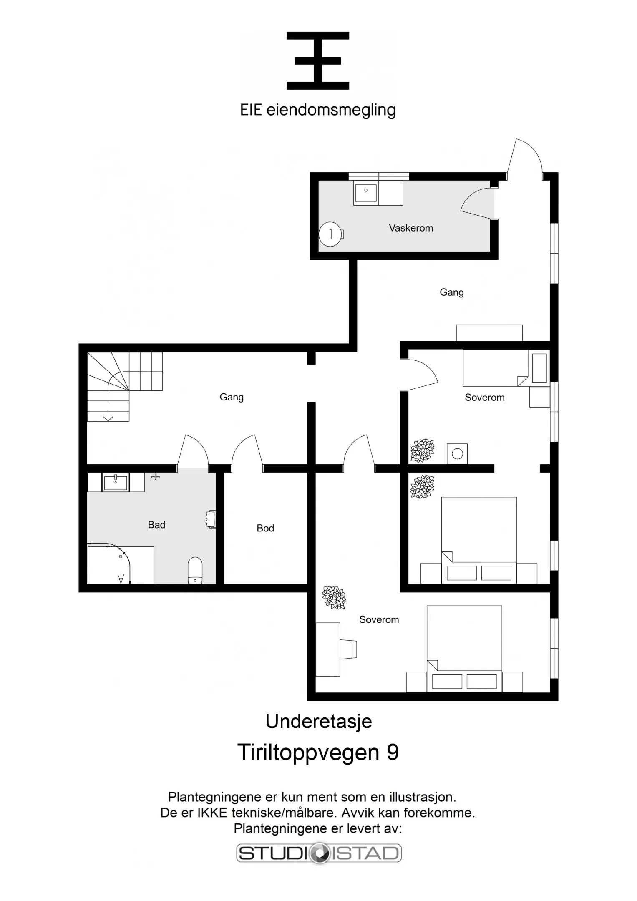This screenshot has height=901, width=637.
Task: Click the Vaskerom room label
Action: [410, 228]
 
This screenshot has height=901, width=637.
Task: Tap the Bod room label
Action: [265, 528]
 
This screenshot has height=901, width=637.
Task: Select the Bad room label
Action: [156, 525]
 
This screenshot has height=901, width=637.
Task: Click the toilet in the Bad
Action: [195, 570]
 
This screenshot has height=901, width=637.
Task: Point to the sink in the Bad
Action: [116, 483]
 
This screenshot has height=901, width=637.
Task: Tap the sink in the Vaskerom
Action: [365, 192]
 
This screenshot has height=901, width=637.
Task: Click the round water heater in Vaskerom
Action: [330, 234]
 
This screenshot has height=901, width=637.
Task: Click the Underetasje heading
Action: [318, 721]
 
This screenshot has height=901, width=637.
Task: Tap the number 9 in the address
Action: [393, 753]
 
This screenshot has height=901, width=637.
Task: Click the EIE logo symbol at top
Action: [318, 61]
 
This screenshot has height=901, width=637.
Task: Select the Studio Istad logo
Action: [319, 853]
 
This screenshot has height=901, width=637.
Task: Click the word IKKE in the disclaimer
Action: [212, 813]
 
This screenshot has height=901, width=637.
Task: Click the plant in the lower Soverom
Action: [334, 597]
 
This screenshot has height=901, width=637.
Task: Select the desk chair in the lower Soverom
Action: [349, 649]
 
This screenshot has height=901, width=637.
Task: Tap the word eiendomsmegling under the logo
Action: [331, 110]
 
